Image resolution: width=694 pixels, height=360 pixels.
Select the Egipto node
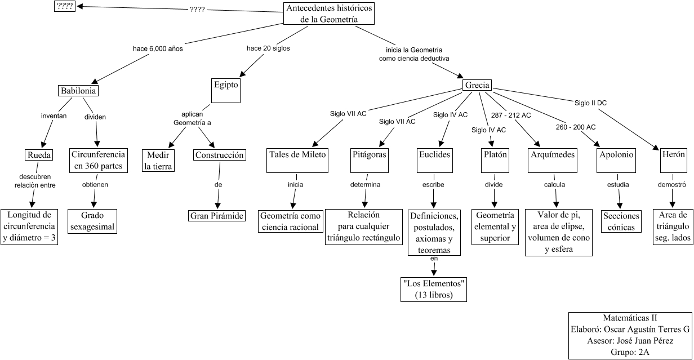(x=226, y=90)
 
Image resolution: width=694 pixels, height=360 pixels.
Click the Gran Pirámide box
(x=217, y=216)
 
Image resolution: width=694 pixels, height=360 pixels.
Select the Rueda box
(x=39, y=155)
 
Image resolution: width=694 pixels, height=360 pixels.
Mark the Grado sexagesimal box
(x=93, y=221)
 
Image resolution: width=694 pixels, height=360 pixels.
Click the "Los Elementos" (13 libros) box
(x=434, y=289)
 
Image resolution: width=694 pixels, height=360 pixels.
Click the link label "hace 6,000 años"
(x=158, y=48)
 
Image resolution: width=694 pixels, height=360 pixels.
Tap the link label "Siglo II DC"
(x=590, y=103)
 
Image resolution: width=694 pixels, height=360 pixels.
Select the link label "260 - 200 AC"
(x=575, y=127)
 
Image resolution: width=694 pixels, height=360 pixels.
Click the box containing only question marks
(x=64, y=7)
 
